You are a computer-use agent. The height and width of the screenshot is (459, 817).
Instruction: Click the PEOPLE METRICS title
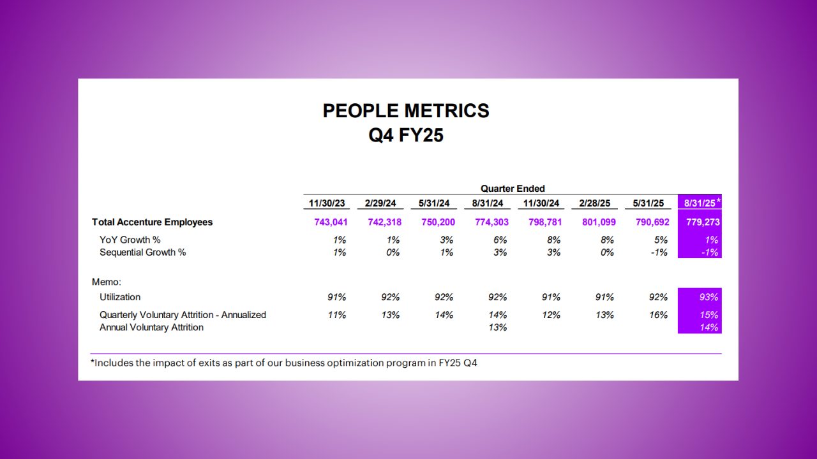pyautogui.click(x=406, y=111)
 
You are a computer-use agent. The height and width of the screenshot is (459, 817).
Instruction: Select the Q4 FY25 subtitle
pyautogui.click(x=406, y=135)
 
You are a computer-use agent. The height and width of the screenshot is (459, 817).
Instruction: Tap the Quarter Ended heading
pyautogui.click(x=513, y=189)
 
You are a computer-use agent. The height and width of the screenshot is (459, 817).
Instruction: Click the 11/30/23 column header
pyautogui.click(x=327, y=203)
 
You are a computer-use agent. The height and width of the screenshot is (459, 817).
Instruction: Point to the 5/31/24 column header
pyautogui.click(x=434, y=203)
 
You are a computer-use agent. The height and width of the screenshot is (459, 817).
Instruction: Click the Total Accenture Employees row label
pyautogui.click(x=153, y=222)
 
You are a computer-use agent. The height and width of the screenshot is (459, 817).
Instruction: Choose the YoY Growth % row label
pyautogui.click(x=130, y=240)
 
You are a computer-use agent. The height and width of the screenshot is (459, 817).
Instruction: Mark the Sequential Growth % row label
pyautogui.click(x=143, y=252)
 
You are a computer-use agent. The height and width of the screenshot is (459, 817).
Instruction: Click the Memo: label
pyautogui.click(x=107, y=280)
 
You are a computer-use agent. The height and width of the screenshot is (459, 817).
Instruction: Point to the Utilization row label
pyautogui.click(x=120, y=297)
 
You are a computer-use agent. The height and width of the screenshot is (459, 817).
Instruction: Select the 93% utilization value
pyautogui.click(x=708, y=297)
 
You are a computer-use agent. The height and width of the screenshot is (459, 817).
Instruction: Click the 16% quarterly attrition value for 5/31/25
pyautogui.click(x=658, y=315)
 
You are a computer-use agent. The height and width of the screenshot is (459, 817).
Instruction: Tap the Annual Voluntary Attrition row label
pyautogui.click(x=151, y=327)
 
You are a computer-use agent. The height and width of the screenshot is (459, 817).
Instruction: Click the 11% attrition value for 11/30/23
pyautogui.click(x=336, y=315)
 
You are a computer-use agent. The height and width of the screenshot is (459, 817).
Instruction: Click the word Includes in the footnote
pyautogui.click(x=113, y=363)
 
